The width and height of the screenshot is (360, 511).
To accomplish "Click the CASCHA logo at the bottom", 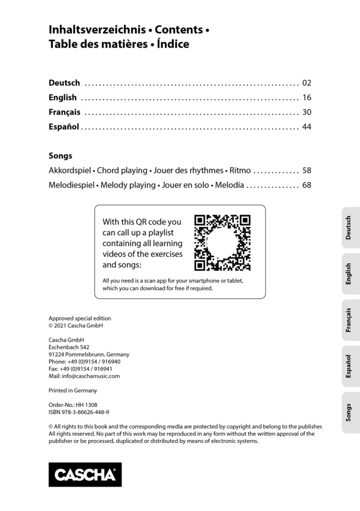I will coord(85,474).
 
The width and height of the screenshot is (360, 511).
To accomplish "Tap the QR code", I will coord(222,243).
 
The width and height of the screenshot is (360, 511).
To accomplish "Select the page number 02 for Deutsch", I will coord(306,83).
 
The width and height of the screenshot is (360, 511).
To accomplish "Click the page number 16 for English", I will coord(306,98).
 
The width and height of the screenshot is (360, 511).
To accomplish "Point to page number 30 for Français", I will coord(306,112).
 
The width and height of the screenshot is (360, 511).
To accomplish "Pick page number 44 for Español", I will coord(306,127).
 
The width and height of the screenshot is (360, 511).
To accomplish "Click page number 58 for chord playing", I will coord(306,171).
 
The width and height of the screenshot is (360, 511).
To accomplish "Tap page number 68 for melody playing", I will coord(306,185).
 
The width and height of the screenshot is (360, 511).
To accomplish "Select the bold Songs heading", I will coord(60,156).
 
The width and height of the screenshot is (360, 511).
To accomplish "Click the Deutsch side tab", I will coord(349,228).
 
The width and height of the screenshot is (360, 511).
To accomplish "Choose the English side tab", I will coord(349,274).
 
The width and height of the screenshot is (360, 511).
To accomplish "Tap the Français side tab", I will coord(349,320).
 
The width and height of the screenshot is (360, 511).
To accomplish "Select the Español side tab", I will coord(349,366).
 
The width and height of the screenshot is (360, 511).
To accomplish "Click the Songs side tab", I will coord(349,413).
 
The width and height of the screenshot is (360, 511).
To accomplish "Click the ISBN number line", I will coord(79,412).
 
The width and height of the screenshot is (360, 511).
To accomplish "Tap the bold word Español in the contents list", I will coord(64,127).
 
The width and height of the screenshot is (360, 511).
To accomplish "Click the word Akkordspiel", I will coord(70,171).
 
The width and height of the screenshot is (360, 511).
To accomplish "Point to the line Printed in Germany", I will coord(72,390).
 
